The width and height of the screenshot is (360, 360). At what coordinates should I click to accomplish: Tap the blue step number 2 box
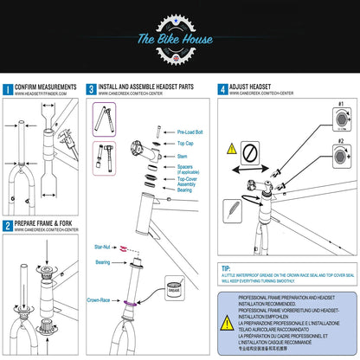(8, 226)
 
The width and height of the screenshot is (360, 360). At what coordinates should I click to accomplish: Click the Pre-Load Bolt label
(190, 133)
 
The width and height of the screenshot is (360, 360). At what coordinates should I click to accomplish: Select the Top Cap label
(185, 144)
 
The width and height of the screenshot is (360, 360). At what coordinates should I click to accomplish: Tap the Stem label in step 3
(183, 156)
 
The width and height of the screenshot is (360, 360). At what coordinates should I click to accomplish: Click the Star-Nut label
(104, 247)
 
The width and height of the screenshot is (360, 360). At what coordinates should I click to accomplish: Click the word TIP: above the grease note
(227, 269)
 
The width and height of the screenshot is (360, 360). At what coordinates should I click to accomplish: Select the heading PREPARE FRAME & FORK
(47, 226)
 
